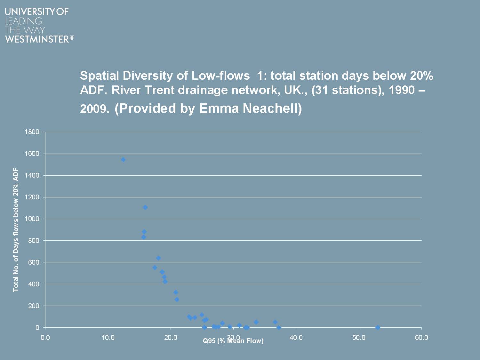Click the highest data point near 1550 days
coord(123,160)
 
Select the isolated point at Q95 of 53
coord(378,327)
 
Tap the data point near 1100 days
coord(145,207)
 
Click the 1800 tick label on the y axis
coord(32,132)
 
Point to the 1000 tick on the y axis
coord(32,219)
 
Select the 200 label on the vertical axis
coord(34,306)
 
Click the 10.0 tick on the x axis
coord(108,338)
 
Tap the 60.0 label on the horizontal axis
coord(421,338)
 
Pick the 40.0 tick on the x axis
coord(296,338)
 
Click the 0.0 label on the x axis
coord(45,338)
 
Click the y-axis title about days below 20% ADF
coord(16,230)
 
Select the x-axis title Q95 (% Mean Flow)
coord(233,341)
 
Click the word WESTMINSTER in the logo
coord(37,39)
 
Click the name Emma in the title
coord(219,108)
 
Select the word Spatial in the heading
coord(100,76)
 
